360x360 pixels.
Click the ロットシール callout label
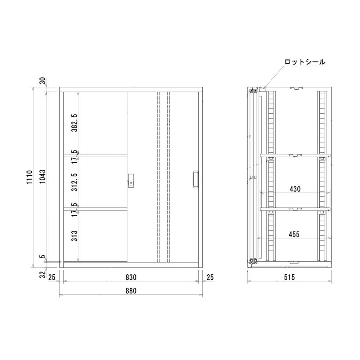[305, 62]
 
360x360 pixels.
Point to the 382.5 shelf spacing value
[74, 123]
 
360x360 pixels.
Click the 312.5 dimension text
[74, 182]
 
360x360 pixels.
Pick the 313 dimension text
[74, 236]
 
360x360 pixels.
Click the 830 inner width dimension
[131, 277]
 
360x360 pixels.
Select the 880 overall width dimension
[131, 291]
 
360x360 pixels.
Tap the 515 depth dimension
[289, 277]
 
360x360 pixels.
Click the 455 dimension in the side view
[294, 234]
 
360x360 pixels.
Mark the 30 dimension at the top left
[43, 81]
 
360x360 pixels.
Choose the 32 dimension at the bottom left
[43, 275]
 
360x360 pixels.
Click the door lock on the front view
[131, 180]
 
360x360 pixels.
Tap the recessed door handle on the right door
[195, 179]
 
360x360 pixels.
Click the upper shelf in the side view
[295, 156]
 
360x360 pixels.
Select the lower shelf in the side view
[295, 208]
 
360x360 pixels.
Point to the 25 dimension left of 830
[51, 277]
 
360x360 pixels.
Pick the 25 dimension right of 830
[210, 277]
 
